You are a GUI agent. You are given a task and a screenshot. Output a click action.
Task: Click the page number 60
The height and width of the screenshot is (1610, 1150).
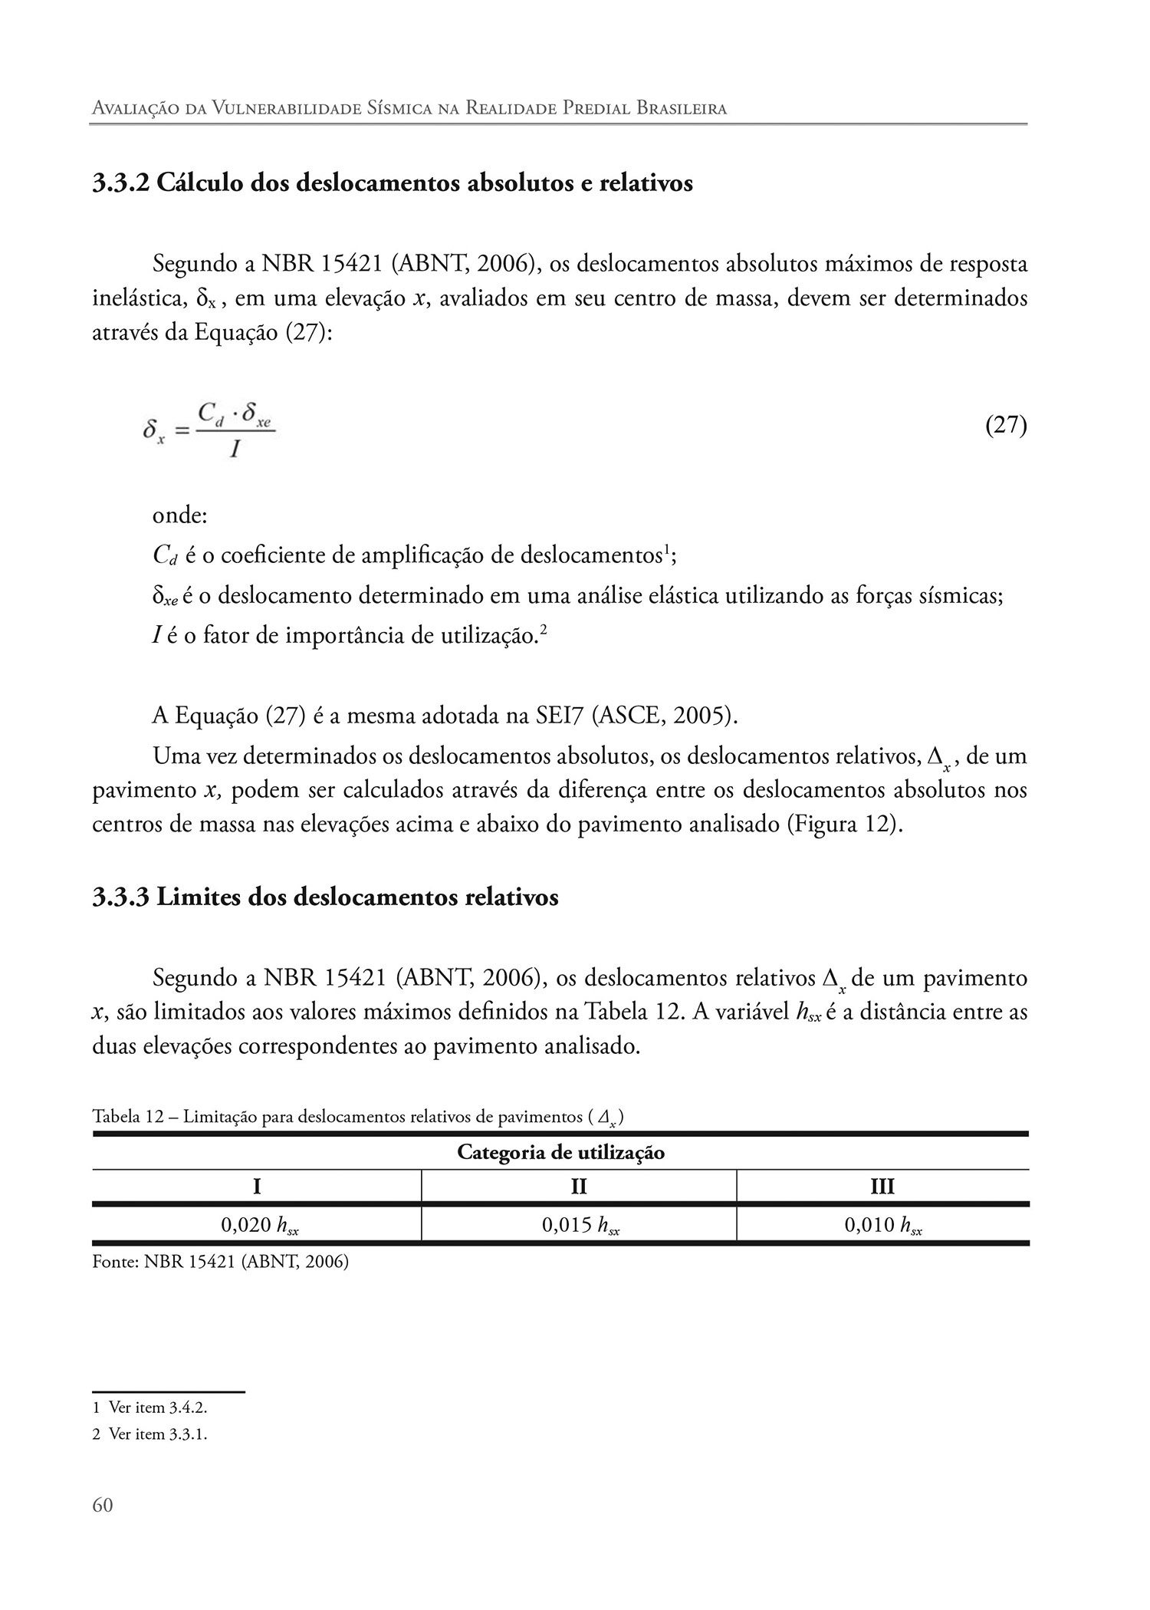(x=102, y=1505)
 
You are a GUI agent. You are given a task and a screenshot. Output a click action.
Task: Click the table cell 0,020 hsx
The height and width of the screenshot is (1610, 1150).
(x=259, y=1225)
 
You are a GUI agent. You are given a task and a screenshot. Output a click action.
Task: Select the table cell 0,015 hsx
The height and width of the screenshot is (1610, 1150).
(x=580, y=1225)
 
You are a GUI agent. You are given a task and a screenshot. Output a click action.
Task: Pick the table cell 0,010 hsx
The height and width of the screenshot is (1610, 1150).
(x=882, y=1225)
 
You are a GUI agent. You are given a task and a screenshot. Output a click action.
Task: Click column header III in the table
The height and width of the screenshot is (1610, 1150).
(x=882, y=1187)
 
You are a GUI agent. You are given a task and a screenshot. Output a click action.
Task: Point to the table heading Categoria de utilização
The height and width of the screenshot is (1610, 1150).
(x=560, y=1152)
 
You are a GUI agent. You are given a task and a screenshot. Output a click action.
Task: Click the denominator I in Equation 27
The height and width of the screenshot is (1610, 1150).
(x=235, y=449)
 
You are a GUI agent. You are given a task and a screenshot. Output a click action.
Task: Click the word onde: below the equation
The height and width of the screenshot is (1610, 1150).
(x=180, y=515)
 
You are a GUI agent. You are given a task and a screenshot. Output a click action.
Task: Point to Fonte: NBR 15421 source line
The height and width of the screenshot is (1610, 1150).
(x=220, y=1261)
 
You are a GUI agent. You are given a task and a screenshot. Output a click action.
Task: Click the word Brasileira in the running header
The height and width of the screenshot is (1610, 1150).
(x=682, y=108)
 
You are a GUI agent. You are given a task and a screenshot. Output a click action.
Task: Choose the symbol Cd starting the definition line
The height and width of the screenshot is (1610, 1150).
(x=165, y=555)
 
